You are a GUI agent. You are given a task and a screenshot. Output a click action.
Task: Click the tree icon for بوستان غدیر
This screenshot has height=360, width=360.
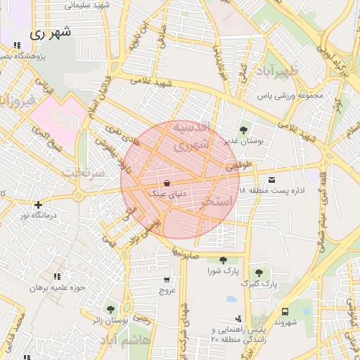point(243,130)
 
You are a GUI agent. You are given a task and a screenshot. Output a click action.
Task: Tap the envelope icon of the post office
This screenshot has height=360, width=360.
point(271,181)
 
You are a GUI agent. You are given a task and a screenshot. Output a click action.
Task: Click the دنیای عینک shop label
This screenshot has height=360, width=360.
point(166,191)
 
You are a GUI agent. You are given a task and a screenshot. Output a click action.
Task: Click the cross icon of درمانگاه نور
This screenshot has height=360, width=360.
point(39,205)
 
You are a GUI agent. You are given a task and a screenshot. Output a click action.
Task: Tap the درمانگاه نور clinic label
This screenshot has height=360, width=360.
point(34,216)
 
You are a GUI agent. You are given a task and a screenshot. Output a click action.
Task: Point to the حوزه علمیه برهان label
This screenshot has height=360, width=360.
point(57,288)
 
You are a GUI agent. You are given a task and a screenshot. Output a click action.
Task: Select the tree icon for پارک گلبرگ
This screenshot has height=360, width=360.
point(259,273)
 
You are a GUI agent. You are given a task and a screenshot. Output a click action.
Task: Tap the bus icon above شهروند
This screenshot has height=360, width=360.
point(285,311)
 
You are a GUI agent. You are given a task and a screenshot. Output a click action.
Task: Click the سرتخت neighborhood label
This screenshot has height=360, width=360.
point(83,172)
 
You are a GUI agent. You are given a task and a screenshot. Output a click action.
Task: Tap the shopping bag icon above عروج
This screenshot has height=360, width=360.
point(167,279)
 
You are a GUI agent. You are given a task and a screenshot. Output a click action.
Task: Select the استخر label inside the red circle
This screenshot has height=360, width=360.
point(217,202)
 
